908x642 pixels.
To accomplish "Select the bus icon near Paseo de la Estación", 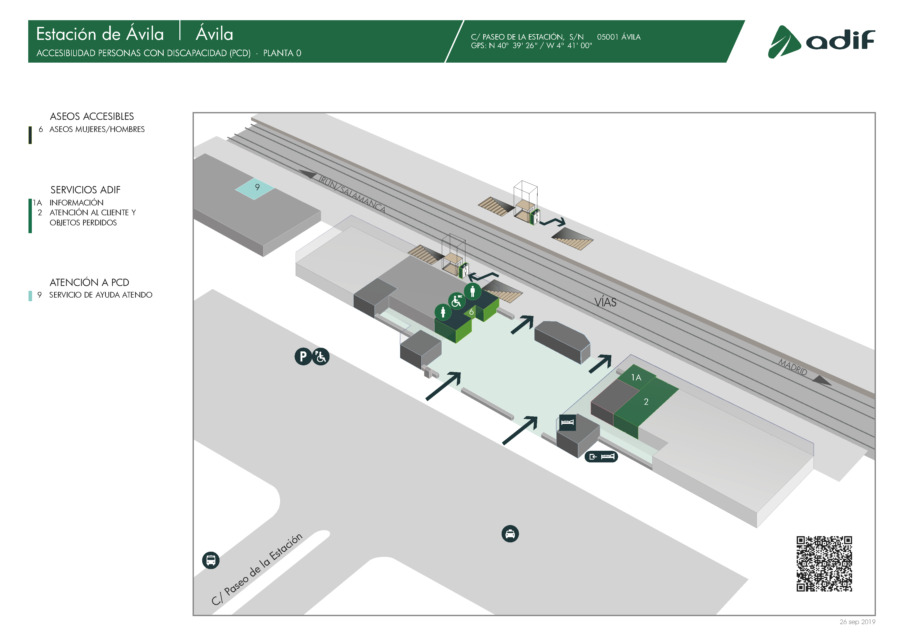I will point(210,560).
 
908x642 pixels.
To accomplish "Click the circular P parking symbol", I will point(303,357).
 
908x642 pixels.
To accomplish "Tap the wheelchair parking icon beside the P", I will point(321,357).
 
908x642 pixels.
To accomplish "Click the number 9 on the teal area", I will point(257,187).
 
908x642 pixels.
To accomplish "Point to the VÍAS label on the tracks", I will point(605,302).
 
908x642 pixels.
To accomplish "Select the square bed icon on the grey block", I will point(567,422).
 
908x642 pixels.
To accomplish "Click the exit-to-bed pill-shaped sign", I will point(601,457).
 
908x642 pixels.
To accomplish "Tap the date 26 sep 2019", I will point(857,622).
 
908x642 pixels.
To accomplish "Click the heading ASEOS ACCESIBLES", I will point(92,116).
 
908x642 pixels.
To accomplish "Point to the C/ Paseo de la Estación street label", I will point(257,569).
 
